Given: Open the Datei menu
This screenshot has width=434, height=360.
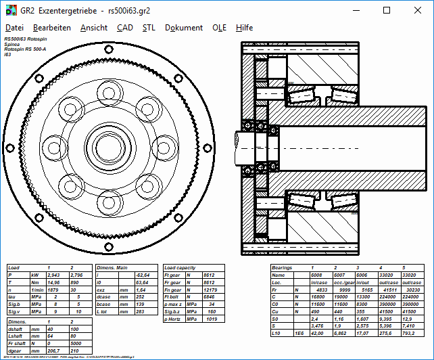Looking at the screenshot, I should (x=14, y=28).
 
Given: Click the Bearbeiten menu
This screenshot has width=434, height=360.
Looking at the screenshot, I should (x=52, y=28).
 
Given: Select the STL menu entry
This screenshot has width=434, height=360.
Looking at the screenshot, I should (x=149, y=28).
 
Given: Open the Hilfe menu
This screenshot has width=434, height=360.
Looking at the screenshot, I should (x=245, y=28).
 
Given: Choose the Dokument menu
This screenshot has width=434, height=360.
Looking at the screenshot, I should (x=184, y=28).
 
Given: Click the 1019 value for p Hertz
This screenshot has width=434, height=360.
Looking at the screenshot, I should (x=212, y=318).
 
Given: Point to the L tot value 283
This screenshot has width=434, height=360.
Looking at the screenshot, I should (x=142, y=311).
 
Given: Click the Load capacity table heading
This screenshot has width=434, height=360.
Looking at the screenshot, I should (x=180, y=269).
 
